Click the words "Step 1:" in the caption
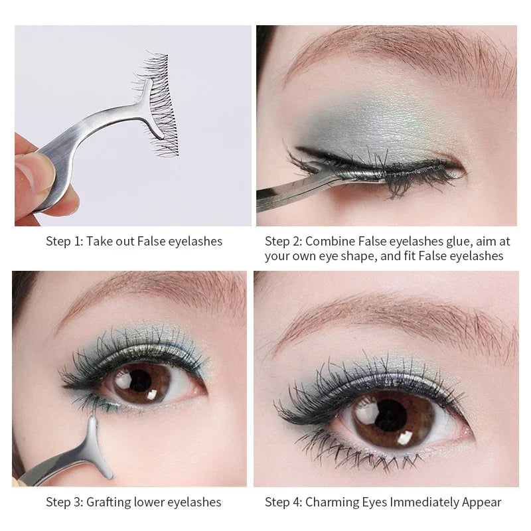(x=64, y=241)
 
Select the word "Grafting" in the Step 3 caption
(x=108, y=502)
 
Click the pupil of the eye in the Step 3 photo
(x=140, y=380)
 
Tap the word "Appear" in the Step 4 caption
(x=483, y=502)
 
